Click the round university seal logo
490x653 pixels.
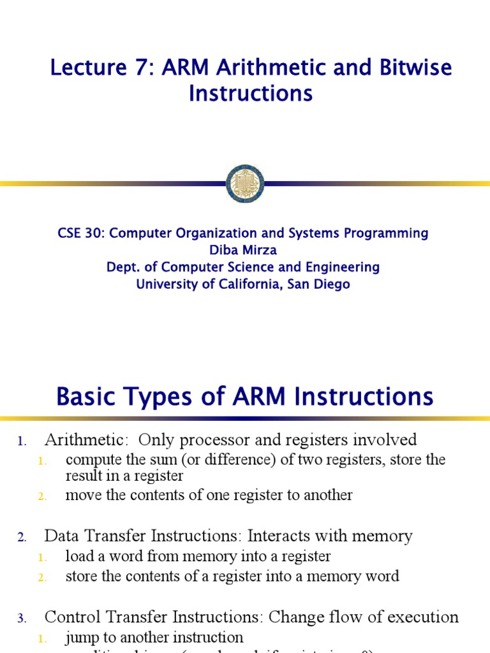coord(245,184)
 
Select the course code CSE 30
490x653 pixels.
coord(80,233)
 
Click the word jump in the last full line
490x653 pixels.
coord(80,637)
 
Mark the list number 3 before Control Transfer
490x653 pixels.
coord(21,618)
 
